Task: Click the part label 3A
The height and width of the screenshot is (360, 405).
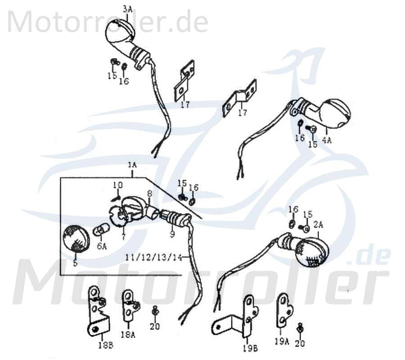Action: pyautogui.click(x=128, y=8)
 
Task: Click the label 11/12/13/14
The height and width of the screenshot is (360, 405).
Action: pyautogui.click(x=154, y=257)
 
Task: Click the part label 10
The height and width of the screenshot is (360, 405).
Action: pyautogui.click(x=117, y=185)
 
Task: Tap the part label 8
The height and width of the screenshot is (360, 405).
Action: pyautogui.click(x=150, y=194)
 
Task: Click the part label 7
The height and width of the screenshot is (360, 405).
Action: pyautogui.click(x=122, y=237)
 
